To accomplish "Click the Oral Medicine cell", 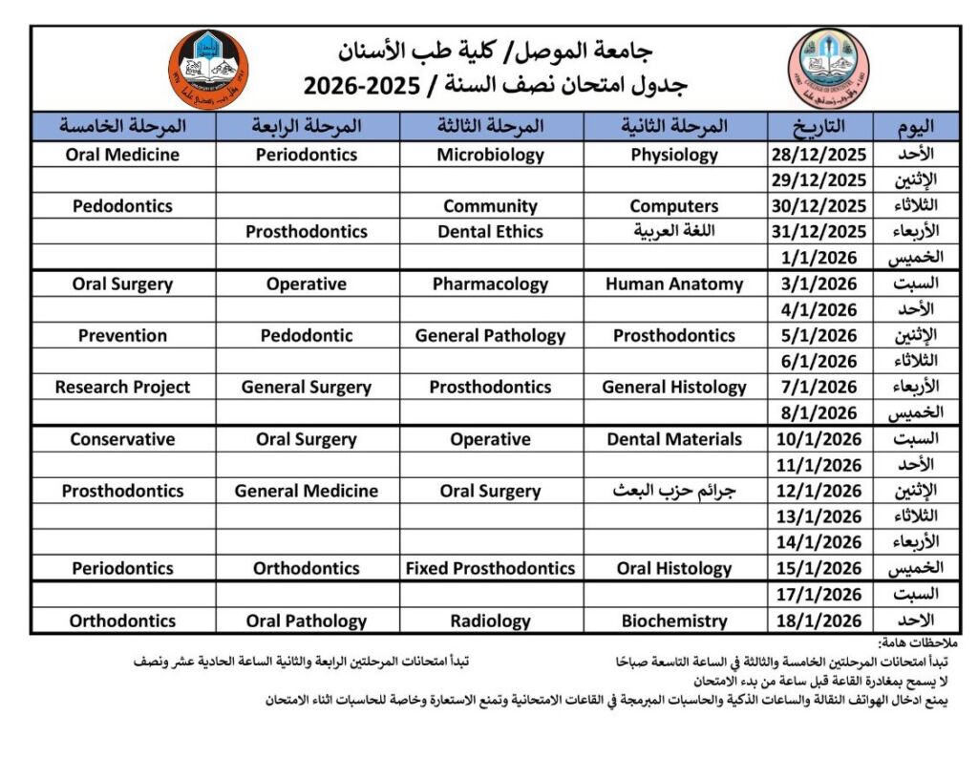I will (122, 155).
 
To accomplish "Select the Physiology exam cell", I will (674, 155).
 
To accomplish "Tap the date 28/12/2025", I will (819, 155).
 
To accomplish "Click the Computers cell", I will (674, 206).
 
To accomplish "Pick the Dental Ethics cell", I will (490, 232).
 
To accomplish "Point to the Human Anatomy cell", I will (674, 284).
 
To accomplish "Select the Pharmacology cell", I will (490, 284).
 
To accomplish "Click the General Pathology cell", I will (490, 335).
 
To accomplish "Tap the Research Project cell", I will (122, 387).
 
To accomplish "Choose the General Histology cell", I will (674, 387).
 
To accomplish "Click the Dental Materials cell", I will (674, 439).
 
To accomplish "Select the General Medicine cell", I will (307, 491).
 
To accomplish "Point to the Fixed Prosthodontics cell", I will (490, 568).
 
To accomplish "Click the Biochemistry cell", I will (674, 621).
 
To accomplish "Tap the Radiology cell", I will (490, 621).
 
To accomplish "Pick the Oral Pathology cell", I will (307, 621).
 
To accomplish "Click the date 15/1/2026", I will (819, 568).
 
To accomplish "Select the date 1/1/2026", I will (819, 258).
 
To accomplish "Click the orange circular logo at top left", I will (207, 69).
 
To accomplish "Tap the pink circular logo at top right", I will (828, 69).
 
